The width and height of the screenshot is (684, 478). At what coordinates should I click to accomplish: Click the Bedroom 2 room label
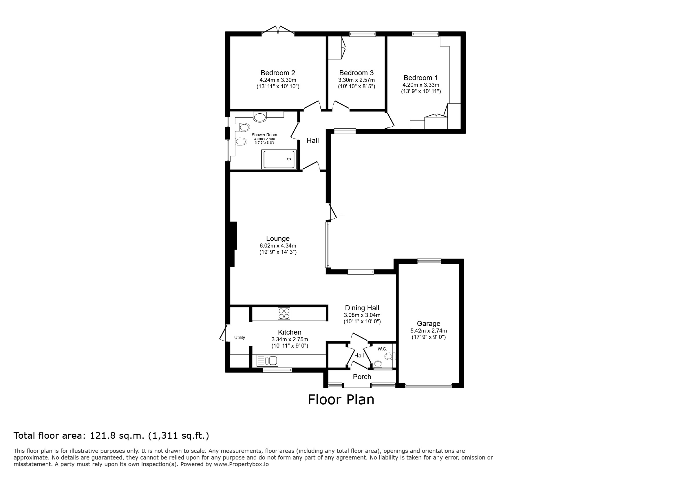[278, 73]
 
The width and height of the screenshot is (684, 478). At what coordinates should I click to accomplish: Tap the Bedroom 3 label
[356, 73]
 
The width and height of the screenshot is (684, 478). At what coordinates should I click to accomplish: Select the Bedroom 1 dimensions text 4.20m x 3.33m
[421, 85]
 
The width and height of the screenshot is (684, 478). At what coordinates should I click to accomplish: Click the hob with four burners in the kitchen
[284, 313]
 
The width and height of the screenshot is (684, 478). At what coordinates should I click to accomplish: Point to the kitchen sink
[267, 361]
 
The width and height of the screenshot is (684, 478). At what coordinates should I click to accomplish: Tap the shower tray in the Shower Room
[279, 159]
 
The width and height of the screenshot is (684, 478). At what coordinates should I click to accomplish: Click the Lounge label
[278, 239]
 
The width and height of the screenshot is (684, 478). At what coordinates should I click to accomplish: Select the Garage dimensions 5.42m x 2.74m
[428, 331]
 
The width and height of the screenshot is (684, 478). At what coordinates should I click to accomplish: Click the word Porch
[362, 377]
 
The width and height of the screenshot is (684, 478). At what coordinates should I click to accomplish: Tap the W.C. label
[382, 349]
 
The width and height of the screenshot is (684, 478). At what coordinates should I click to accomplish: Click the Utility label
[239, 337]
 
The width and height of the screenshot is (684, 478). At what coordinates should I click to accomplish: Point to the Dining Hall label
[362, 308]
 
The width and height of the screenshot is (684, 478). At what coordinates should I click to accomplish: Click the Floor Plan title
[341, 399]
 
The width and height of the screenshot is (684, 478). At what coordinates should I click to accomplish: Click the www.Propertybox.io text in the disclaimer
[241, 464]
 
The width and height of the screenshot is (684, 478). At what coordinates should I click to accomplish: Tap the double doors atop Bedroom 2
[278, 30]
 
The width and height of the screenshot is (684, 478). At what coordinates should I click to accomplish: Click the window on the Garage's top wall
[429, 261]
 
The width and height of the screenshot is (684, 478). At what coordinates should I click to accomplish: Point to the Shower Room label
[264, 135]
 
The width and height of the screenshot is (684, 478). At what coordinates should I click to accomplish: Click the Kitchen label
[290, 332]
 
